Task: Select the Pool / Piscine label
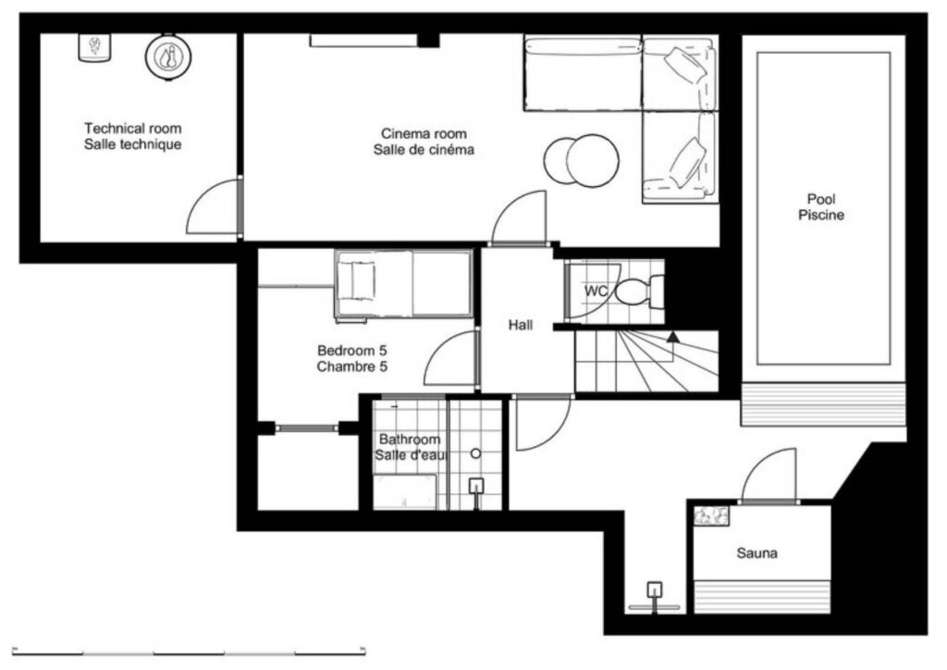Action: click(x=821, y=206)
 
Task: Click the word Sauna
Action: click(x=756, y=552)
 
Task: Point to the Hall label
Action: click(x=520, y=325)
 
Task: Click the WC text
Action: click(x=596, y=291)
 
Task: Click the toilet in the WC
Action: click(x=639, y=291)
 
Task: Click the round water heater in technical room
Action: click(x=168, y=57)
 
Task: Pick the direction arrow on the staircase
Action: click(x=672, y=337)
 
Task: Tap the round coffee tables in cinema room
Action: click(x=582, y=161)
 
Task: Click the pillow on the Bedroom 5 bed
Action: click(x=356, y=281)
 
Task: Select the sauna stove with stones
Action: click(x=711, y=515)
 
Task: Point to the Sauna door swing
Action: click(x=769, y=475)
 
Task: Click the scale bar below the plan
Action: click(x=189, y=651)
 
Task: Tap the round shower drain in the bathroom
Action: click(x=476, y=453)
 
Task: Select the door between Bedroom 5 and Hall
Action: click(x=450, y=357)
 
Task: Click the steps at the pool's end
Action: click(x=824, y=404)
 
